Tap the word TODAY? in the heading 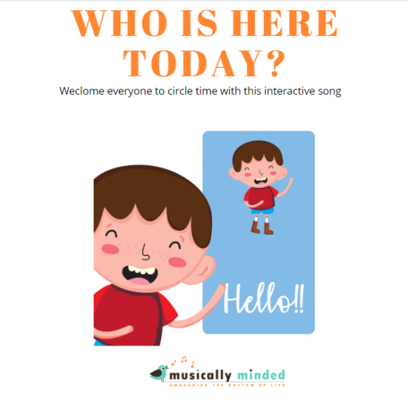click(204, 62)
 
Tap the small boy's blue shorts click(261, 210)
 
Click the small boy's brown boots click(262, 227)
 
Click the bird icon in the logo click(160, 373)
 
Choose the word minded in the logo click(261, 375)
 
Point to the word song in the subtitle click(328, 91)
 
